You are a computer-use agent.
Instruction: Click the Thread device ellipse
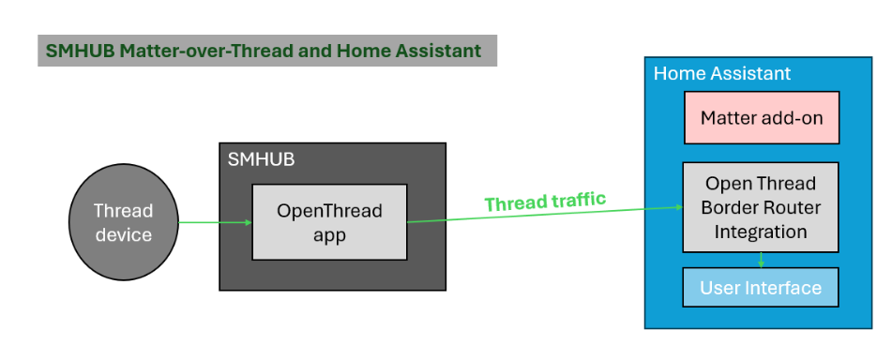123,222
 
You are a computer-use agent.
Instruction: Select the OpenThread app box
329,222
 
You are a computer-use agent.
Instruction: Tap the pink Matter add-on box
761,117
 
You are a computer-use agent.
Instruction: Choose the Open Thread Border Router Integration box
761,207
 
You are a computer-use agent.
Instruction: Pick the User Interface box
761,288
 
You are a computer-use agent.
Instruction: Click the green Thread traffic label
545,201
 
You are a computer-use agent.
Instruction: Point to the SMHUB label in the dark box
261,159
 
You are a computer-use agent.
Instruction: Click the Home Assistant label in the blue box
721,73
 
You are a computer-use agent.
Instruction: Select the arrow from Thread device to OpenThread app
215,222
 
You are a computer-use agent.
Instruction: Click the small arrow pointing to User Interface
761,261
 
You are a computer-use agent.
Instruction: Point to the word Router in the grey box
787,207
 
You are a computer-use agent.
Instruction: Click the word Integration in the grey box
761,231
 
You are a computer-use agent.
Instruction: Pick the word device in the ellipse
123,234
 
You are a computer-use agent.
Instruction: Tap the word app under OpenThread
329,234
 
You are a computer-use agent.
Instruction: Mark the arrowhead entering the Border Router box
677,206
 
